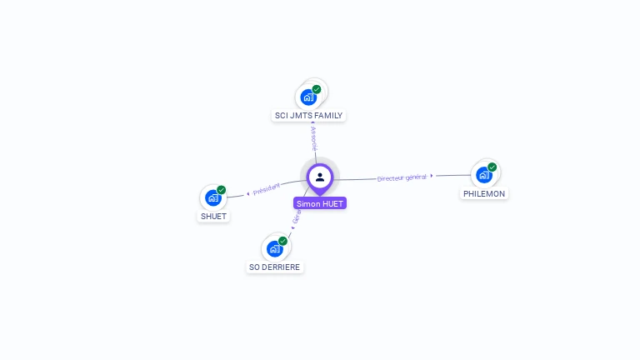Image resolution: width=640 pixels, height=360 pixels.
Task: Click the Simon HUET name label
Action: (x=320, y=203)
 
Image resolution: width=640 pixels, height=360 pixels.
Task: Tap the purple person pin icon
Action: (x=320, y=177)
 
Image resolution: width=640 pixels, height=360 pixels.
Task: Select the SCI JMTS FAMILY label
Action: (x=308, y=116)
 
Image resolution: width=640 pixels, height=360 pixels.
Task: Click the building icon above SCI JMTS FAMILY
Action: (x=308, y=97)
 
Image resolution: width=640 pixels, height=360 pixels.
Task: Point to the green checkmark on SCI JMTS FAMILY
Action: (x=317, y=89)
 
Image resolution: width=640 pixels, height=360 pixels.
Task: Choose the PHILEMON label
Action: (x=484, y=193)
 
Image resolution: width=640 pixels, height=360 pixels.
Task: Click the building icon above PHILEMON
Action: (x=483, y=175)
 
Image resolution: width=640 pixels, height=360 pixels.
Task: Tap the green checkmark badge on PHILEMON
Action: (x=492, y=167)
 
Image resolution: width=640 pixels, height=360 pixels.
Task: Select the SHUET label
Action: (x=213, y=217)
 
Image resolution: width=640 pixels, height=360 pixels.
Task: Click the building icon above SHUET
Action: (x=213, y=197)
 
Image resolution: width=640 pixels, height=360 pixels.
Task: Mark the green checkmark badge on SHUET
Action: (x=222, y=190)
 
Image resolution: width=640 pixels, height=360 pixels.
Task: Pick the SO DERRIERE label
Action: (x=275, y=267)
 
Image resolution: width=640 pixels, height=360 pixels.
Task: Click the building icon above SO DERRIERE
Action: (x=274, y=248)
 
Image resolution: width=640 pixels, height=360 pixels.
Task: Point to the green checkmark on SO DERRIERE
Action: (x=283, y=241)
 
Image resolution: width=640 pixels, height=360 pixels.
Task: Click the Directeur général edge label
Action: (x=401, y=177)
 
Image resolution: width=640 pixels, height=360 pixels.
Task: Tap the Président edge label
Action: (x=267, y=190)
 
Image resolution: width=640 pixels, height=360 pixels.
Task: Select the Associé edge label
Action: (x=313, y=138)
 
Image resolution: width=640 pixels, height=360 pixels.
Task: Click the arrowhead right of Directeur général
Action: (x=432, y=176)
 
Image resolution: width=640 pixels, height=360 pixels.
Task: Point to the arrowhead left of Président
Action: (x=247, y=193)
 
